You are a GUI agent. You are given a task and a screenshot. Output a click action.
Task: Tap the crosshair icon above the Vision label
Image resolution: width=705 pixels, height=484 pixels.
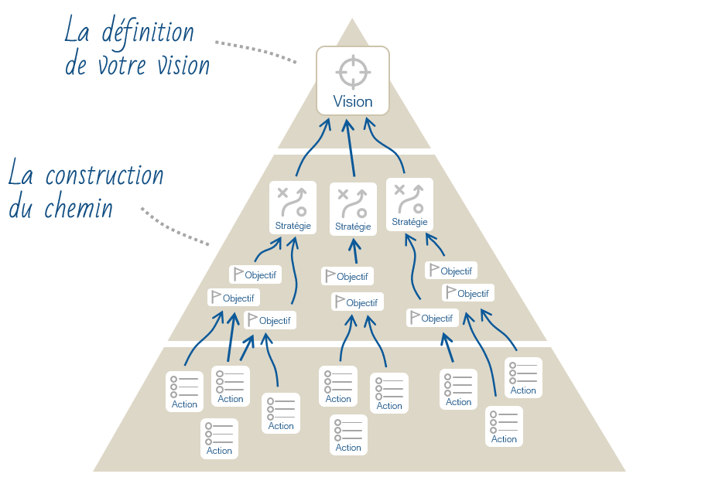(353, 71)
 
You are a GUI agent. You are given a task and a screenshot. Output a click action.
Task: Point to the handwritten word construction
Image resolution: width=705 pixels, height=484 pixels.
(104, 176)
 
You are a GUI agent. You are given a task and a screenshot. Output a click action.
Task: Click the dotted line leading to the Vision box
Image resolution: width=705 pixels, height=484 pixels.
(255, 50)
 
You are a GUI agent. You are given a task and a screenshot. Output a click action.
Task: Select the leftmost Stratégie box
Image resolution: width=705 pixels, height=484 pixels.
(293, 207)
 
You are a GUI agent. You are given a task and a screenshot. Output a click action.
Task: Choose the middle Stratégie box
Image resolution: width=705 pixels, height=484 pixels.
(353, 209)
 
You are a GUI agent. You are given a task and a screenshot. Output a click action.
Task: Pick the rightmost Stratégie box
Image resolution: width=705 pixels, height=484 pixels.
(409, 204)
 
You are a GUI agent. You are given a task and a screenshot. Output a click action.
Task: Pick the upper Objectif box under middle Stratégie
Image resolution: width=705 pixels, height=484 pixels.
(347, 276)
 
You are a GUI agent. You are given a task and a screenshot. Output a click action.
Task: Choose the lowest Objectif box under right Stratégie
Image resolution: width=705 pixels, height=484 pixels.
(432, 318)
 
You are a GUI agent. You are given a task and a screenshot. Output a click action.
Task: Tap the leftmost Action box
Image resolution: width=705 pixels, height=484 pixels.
(184, 391)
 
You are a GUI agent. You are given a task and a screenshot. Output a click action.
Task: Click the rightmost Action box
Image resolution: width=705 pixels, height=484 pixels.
(523, 377)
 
